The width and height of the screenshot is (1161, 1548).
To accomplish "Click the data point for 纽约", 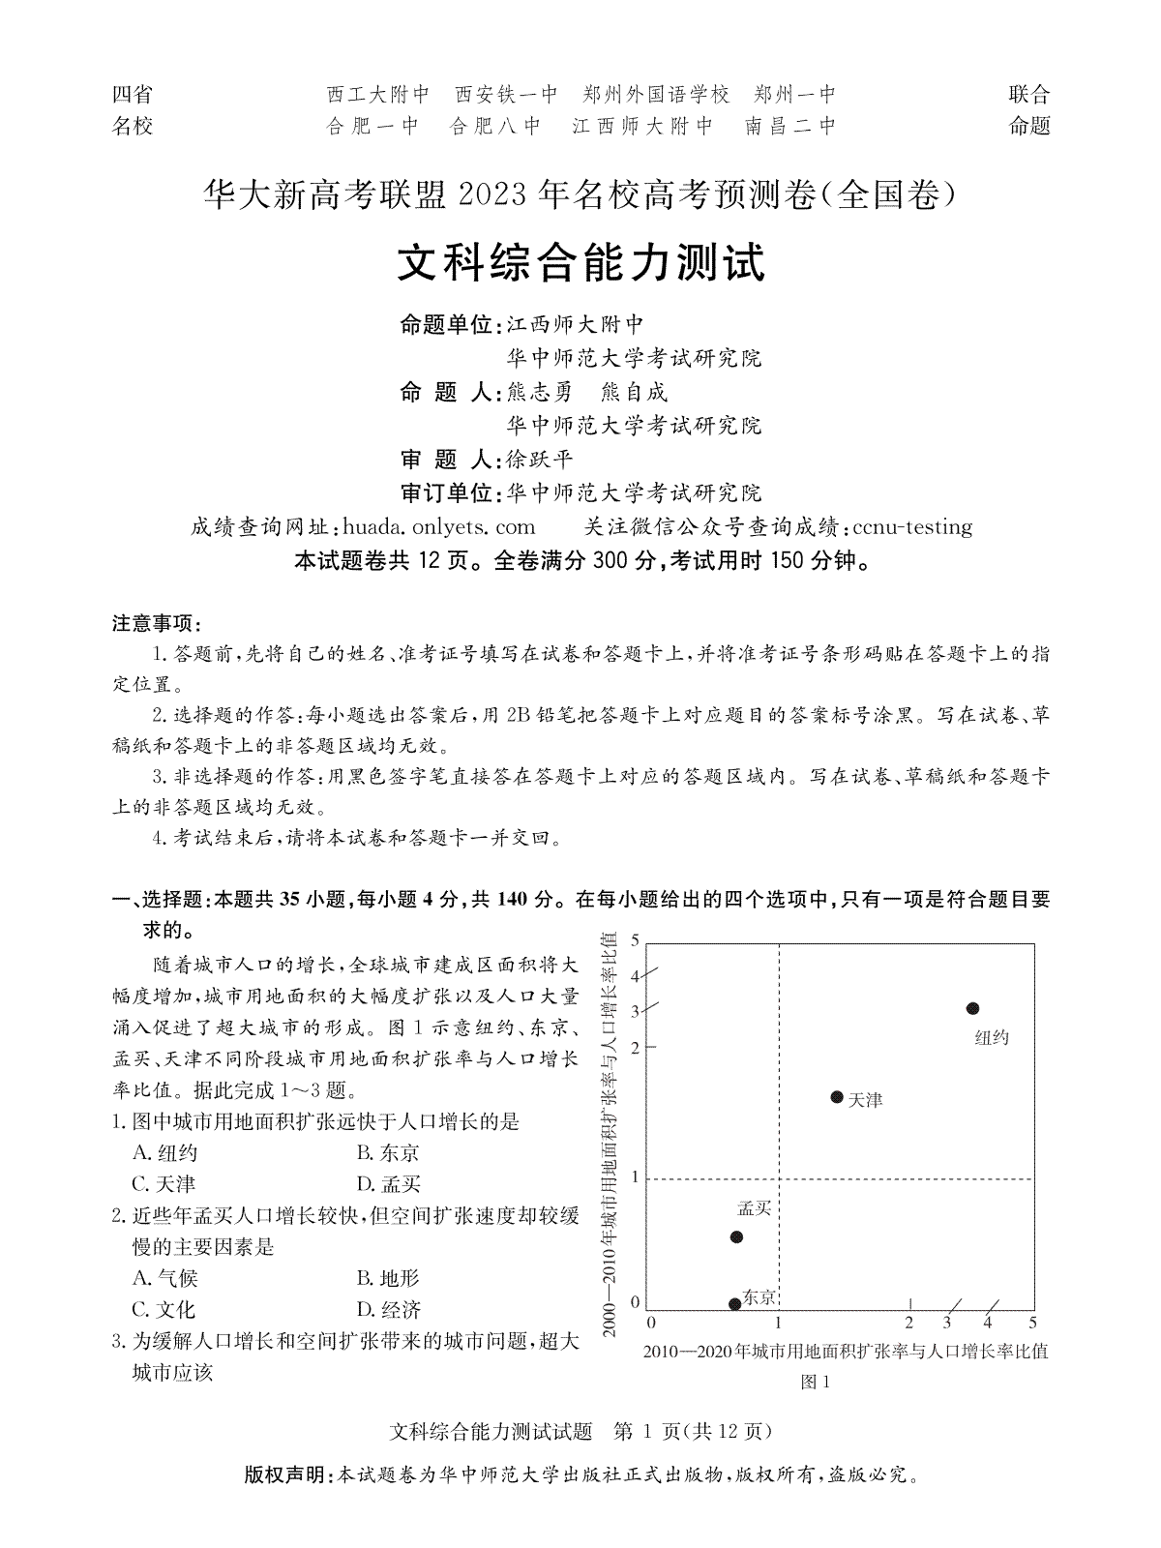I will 972,1009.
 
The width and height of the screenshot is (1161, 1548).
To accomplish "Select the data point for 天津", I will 837,1096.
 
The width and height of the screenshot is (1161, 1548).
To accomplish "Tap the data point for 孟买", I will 736,1236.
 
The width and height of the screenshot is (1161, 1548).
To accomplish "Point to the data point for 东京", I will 734,1303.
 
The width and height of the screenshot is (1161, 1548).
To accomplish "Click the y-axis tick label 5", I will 635,939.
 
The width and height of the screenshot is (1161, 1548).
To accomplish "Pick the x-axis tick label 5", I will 1032,1323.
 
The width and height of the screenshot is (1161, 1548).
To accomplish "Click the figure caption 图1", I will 816,1382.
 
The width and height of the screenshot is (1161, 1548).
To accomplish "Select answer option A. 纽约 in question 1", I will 165,1152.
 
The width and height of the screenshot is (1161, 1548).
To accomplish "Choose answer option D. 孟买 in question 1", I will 388,1183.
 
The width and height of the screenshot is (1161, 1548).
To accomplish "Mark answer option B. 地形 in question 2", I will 388,1278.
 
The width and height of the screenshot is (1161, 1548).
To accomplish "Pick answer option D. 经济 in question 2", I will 388,1309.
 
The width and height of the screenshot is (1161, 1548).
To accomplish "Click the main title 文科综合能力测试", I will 581,263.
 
